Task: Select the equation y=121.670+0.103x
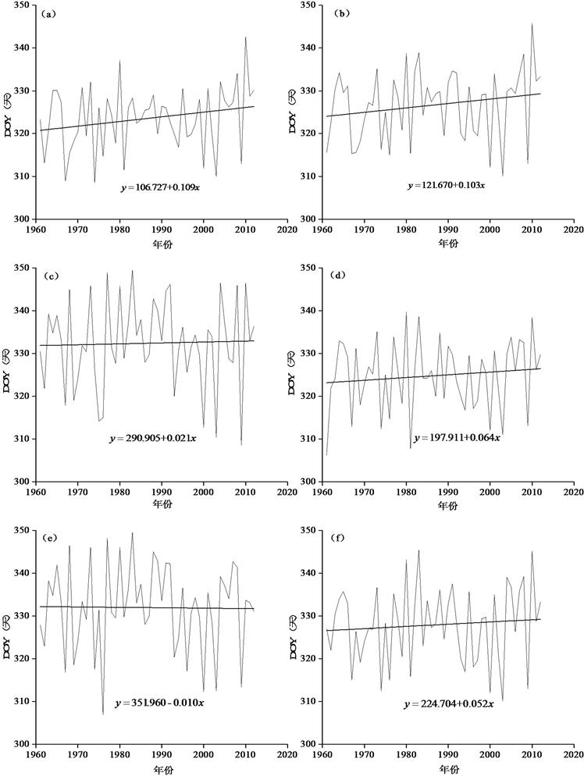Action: point(446,186)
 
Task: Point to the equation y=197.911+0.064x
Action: point(457,437)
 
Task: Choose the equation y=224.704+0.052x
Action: point(448,703)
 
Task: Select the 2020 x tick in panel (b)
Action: point(573,231)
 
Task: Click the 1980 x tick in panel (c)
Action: point(119,493)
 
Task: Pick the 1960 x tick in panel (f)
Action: point(322,756)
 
